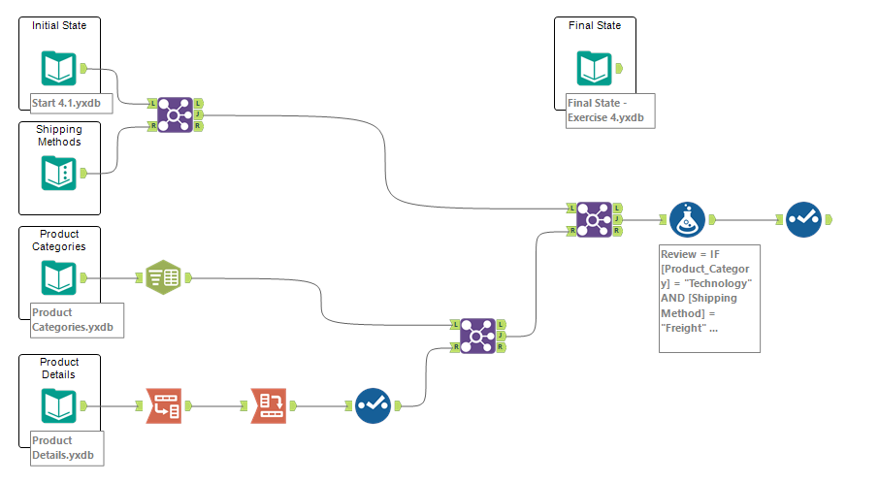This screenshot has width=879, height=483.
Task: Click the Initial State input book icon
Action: click(59, 68)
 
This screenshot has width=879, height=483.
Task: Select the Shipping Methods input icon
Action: click(59, 173)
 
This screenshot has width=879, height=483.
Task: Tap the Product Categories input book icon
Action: click(59, 278)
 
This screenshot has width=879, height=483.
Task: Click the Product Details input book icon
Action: click(59, 406)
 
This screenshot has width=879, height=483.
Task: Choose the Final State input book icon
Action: click(595, 68)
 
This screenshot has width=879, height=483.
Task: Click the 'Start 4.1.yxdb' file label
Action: click(64, 103)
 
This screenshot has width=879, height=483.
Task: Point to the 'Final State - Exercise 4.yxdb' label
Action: click(610, 111)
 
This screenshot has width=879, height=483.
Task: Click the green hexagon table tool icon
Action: click(163, 278)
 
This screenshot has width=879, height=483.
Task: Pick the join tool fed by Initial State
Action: click(176, 114)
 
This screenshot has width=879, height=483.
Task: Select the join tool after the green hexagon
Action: click(477, 336)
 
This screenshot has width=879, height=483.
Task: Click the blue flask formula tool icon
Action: click(687, 220)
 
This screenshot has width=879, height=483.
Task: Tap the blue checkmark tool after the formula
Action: click(803, 220)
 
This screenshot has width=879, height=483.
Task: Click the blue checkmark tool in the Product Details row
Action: click(373, 406)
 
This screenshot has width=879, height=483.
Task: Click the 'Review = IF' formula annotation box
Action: click(709, 297)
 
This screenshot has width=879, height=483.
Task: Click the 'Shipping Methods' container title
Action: click(59, 136)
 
